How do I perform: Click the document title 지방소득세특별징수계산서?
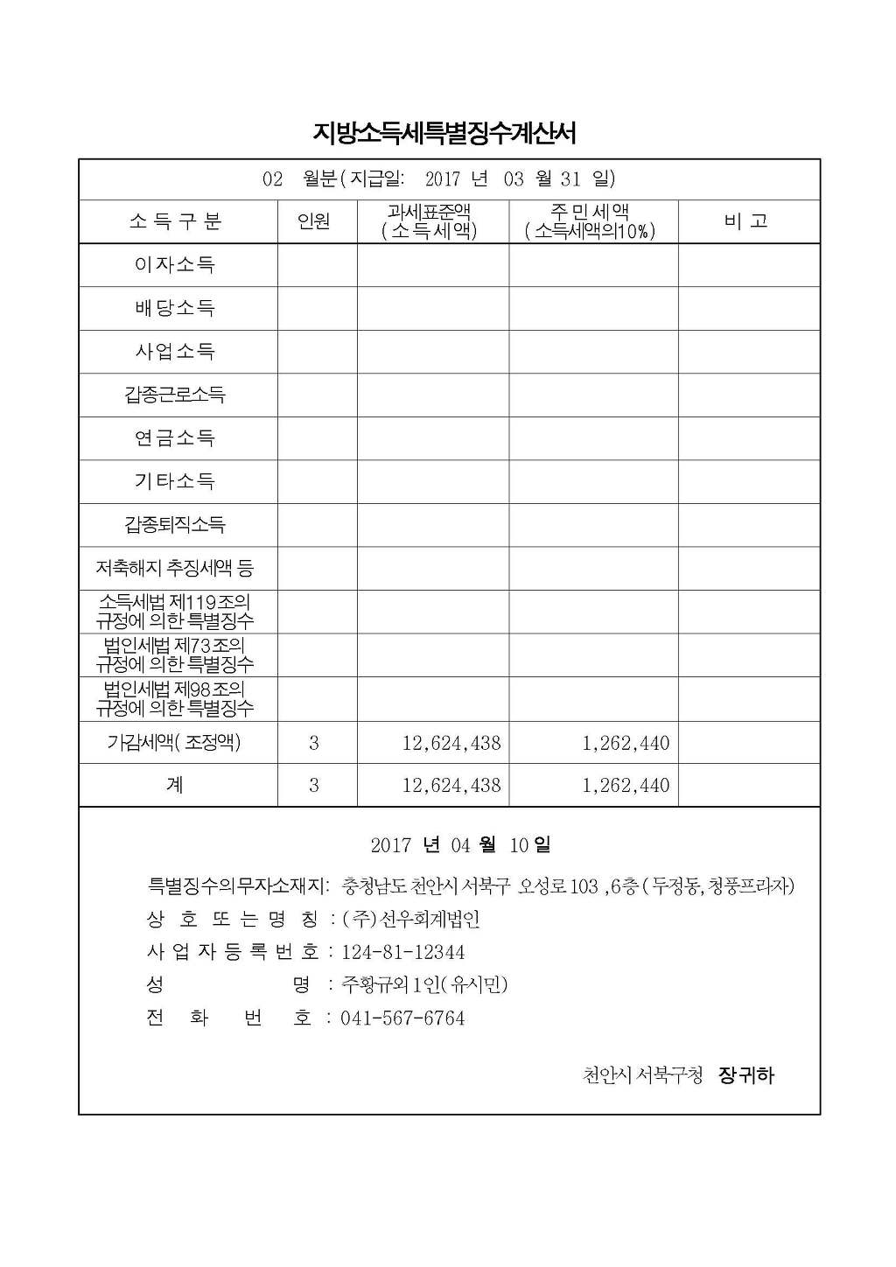pos(444,133)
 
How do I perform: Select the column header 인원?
pos(314,221)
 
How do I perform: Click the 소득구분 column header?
pos(175,221)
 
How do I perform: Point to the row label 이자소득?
pos(175,264)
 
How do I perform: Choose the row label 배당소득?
pos(175,308)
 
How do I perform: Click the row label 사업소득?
pos(175,352)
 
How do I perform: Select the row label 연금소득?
pos(175,437)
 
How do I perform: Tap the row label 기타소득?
pos(175,480)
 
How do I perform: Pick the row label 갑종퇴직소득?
pos(175,524)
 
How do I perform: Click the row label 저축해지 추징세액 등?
pos(175,568)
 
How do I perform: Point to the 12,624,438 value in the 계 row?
pos(451,785)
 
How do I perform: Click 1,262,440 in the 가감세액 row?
pos(626,743)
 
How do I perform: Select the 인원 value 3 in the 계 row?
pos(314,785)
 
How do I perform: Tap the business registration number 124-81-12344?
pos(402,952)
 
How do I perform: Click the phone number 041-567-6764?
pos(402,1018)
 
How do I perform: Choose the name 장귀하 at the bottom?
pos(746,1075)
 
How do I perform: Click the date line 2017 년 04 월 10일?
pos(460,845)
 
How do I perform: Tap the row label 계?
pos(175,785)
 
